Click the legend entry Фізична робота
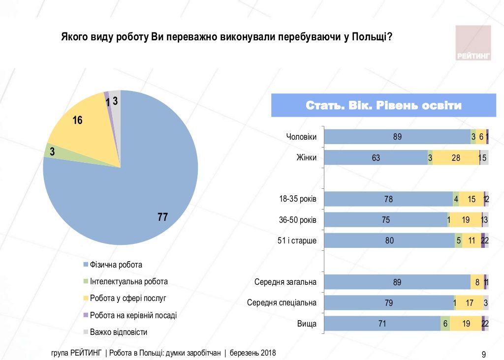116,265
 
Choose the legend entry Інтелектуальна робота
128,282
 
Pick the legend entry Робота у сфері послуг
128,299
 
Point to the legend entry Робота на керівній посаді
133,315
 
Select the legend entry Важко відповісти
118,332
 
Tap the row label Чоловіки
301,137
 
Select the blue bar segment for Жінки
376,158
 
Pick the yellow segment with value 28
455,158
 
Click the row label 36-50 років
297,220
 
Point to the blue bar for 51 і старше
389,240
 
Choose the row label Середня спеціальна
282,302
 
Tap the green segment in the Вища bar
445,324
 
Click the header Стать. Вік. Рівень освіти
383,106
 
